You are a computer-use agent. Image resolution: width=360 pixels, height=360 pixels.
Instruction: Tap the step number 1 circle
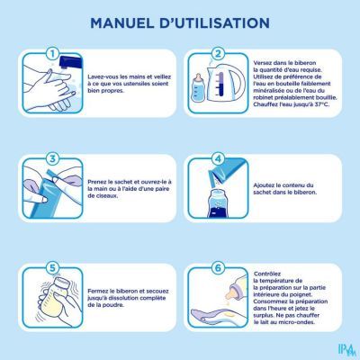click(52, 54)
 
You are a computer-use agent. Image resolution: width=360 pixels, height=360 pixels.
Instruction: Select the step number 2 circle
click(218, 54)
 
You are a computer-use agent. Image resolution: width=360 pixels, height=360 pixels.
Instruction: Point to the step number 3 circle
click(52, 158)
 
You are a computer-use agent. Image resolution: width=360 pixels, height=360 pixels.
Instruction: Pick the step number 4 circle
click(218, 158)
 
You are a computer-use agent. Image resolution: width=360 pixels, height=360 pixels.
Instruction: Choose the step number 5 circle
click(52, 268)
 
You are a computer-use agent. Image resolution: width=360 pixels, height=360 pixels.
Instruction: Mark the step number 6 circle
click(218, 268)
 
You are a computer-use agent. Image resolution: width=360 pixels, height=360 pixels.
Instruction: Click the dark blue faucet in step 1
click(71, 62)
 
